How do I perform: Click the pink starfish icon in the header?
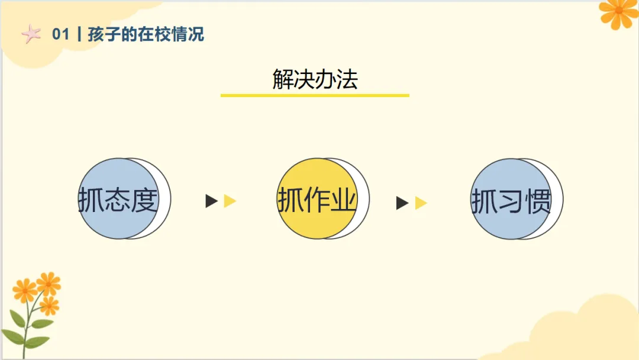point(30,35)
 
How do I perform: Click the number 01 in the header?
point(61,35)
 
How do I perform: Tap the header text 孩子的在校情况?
point(146,34)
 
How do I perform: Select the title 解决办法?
point(315,79)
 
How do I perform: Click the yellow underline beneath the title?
point(315,95)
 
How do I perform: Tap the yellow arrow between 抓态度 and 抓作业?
point(230,201)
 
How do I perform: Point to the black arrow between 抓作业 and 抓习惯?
point(402,203)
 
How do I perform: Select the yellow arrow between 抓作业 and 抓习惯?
point(421,203)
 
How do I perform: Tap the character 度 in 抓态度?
point(146,200)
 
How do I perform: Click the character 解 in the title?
point(283,79)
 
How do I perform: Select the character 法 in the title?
point(347,79)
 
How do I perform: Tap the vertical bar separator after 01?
point(79,35)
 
